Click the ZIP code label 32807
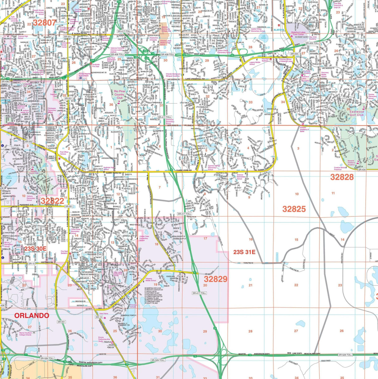click(45, 22)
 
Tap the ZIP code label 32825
click(294, 209)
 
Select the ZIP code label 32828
click(342, 177)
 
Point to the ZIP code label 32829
click(215, 279)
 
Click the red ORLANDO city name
click(32, 315)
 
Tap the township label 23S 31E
click(244, 252)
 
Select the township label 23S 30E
click(35, 248)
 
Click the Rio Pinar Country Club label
click(119, 94)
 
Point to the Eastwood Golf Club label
click(356, 113)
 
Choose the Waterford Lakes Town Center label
click(299, 33)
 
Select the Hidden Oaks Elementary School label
click(144, 238)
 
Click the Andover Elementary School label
click(240, 177)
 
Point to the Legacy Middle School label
click(252, 63)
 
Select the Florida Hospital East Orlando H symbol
click(81, 78)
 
